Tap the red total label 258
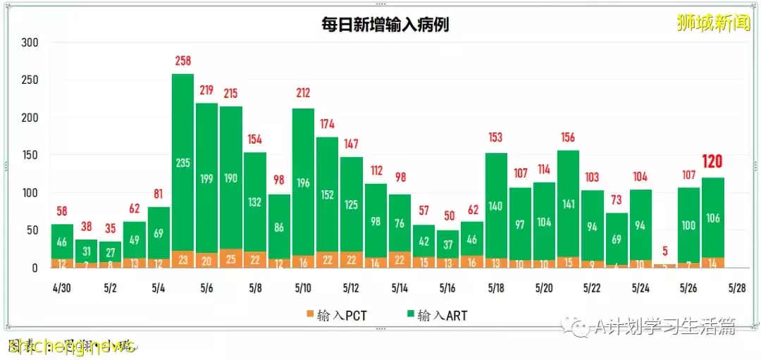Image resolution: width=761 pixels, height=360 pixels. click(x=182, y=61)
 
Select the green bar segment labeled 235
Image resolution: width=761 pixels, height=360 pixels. click(x=182, y=162)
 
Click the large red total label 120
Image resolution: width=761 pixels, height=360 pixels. click(x=712, y=163)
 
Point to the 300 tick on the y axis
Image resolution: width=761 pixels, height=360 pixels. click(x=30, y=42)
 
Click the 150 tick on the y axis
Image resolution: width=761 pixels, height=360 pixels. click(x=30, y=155)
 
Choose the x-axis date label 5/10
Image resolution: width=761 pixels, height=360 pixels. click(x=302, y=288)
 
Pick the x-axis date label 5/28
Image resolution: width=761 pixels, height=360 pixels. click(x=736, y=288)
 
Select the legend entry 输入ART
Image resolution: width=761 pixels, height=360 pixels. click(x=434, y=315)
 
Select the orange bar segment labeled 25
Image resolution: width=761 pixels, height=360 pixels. click(x=230, y=259)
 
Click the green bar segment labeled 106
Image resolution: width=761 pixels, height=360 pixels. click(x=712, y=218)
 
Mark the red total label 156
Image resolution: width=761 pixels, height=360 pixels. click(x=567, y=137)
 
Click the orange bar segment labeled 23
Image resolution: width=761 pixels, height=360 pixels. click(x=182, y=259)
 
